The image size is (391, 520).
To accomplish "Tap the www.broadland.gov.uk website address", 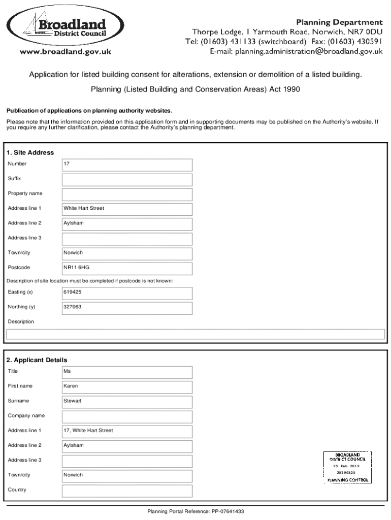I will [x=65, y=51].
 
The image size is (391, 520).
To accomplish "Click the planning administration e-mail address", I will [x=296, y=51].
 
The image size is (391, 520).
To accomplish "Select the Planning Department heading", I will [x=339, y=22].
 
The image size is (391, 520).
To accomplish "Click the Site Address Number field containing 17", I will [x=127, y=165].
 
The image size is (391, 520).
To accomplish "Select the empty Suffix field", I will [x=127, y=179].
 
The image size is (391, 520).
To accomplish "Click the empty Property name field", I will [x=127, y=194].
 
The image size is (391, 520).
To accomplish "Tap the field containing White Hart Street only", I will [x=127, y=209].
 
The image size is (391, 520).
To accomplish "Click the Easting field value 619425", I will [x=127, y=293].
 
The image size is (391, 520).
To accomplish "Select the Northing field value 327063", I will [x=127, y=308].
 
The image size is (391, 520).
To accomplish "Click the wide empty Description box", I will [x=195, y=334].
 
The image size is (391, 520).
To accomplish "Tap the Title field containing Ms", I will [x=127, y=372].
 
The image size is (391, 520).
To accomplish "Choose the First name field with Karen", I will [x=127, y=386].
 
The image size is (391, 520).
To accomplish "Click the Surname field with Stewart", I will [x=127, y=401].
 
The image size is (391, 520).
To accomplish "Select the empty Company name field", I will [x=127, y=416].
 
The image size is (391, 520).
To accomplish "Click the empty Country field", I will [x=127, y=491].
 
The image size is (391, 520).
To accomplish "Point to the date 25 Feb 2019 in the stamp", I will [x=346, y=466].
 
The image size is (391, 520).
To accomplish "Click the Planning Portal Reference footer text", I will [x=195, y=511].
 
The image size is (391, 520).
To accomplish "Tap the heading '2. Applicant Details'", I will [x=37, y=360].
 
